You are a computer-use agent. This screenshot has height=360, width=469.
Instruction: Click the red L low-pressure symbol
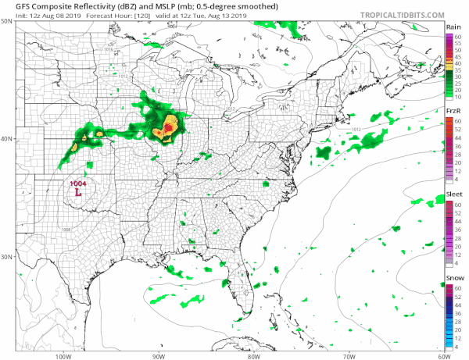tap(77, 191)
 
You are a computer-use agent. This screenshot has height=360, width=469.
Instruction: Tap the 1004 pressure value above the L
tap(78, 183)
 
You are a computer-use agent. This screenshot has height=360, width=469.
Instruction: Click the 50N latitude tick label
tap(7, 22)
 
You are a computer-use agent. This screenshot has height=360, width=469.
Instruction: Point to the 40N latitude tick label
tap(7, 139)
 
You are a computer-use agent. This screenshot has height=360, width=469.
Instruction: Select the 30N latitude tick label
tap(7, 257)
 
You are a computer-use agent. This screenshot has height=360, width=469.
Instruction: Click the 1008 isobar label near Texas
tap(66, 230)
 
